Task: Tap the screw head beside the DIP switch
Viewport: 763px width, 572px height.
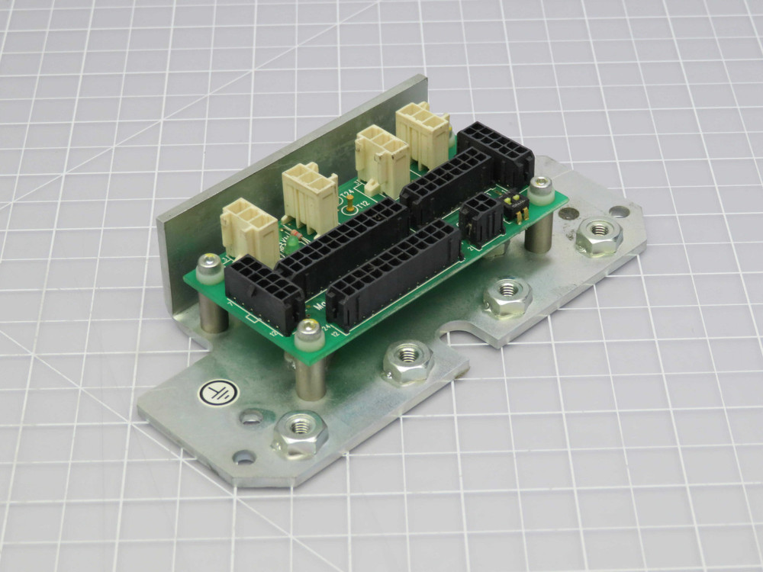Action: click(542, 185)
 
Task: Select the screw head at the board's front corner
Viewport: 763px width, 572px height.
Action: click(307, 329)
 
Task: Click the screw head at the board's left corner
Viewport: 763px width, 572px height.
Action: click(207, 265)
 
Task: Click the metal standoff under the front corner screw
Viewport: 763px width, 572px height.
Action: click(309, 375)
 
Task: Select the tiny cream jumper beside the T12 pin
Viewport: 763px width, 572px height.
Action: click(371, 185)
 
